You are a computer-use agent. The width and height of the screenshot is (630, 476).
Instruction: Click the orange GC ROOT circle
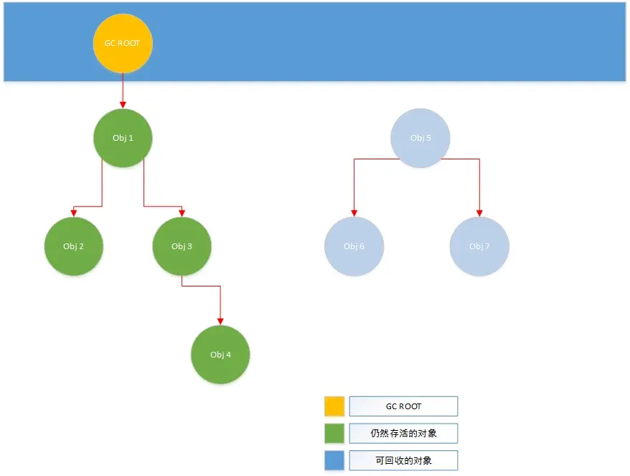point(123,43)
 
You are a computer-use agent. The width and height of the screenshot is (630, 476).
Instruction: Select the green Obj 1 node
point(123,138)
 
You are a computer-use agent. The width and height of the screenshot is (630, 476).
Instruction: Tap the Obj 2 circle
point(73,246)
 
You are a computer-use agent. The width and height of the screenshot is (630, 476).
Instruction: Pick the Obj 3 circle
point(182,246)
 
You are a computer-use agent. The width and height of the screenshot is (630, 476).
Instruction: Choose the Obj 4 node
point(220,355)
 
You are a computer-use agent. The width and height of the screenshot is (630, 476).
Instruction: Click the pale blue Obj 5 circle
point(420,138)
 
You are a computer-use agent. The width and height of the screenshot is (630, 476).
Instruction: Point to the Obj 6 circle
point(354,246)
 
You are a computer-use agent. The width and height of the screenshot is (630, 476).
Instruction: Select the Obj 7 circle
point(479,246)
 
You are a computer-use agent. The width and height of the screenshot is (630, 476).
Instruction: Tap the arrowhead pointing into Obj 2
point(74,213)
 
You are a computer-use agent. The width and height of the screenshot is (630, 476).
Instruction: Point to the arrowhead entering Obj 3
point(182,213)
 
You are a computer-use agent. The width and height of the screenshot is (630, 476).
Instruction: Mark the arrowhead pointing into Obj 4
point(220,321)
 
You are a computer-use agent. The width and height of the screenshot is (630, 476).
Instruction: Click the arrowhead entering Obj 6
point(354,213)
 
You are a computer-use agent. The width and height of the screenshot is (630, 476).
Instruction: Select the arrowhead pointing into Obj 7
point(479,213)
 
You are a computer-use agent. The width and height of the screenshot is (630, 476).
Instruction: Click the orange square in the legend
point(334,406)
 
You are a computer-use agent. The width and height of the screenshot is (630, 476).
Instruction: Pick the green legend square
point(334,434)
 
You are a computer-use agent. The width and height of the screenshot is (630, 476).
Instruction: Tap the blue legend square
point(334,460)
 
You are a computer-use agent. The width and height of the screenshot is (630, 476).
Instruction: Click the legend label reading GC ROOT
point(403,406)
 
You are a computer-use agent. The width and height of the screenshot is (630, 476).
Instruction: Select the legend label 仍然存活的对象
point(403,434)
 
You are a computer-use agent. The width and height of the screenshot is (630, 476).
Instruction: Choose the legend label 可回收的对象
point(403,460)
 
